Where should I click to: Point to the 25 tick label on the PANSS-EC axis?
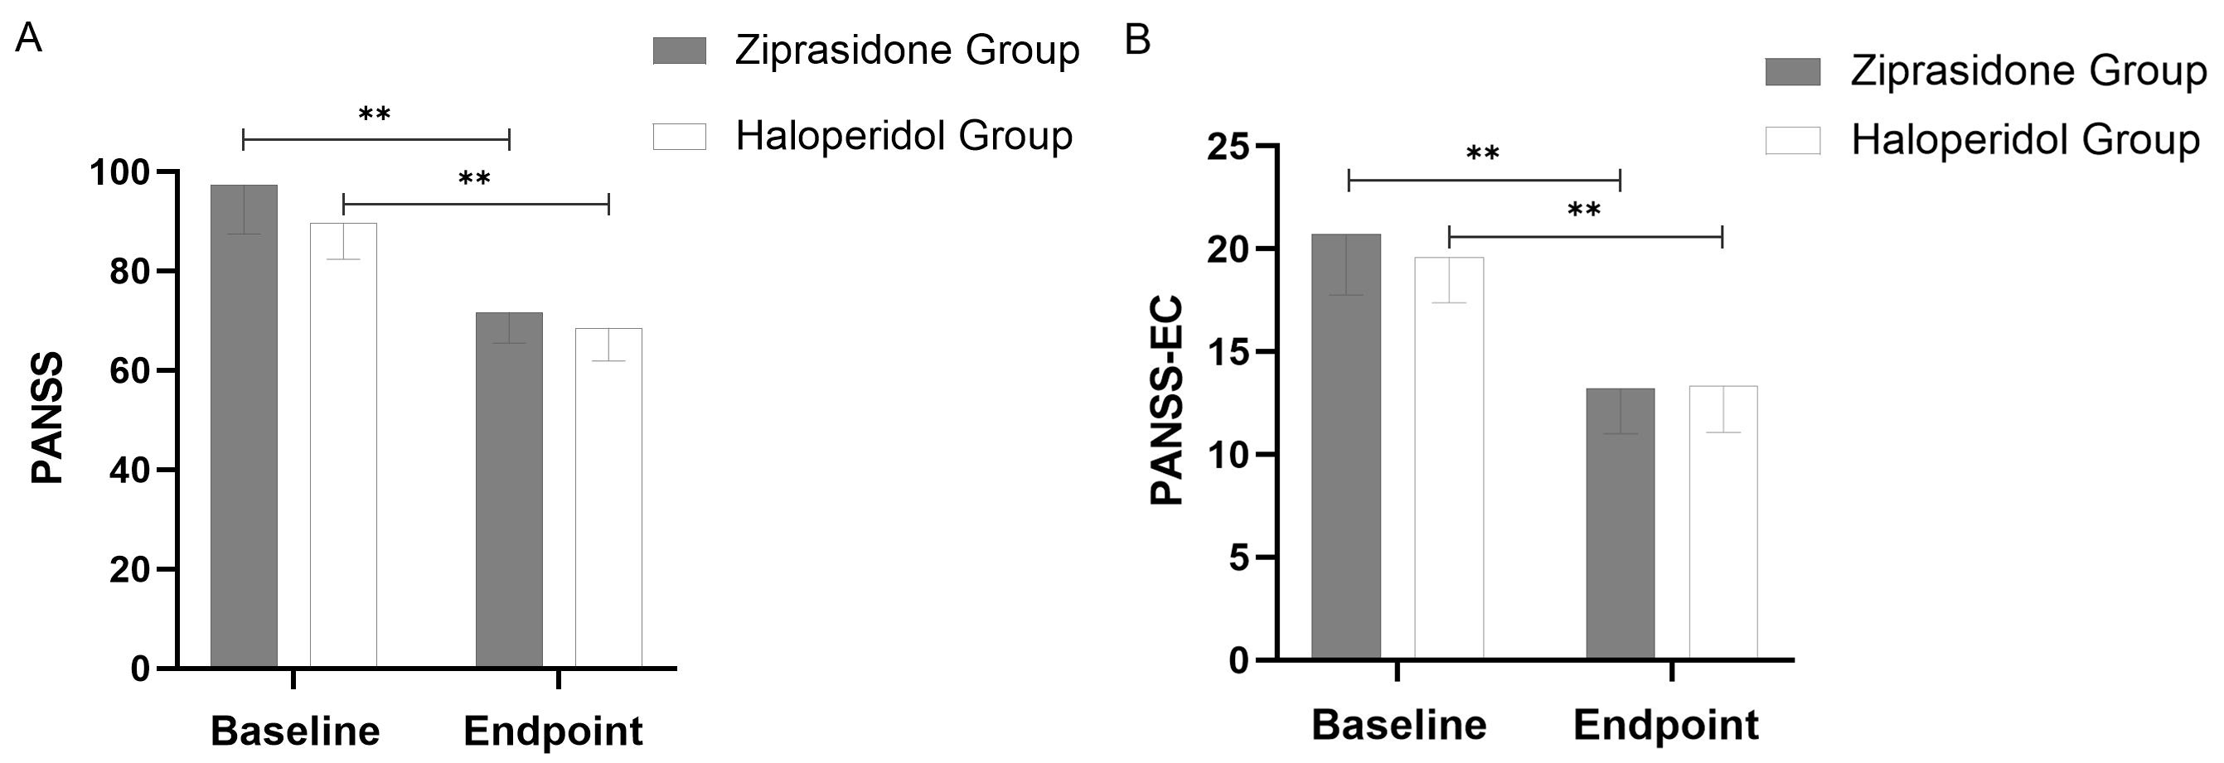[x=1228, y=147]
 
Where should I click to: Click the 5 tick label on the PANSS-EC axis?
[x=1240, y=558]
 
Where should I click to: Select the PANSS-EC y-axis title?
[x=1167, y=401]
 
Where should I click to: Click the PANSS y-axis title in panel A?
[x=48, y=418]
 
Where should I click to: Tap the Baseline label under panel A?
[x=295, y=731]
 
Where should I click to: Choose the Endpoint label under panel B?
[x=1665, y=725]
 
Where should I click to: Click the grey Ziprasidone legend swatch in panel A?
[x=680, y=51]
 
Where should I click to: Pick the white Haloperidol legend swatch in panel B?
[x=1792, y=141]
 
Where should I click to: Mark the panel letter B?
[x=1138, y=40]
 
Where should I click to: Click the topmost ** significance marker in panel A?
[x=375, y=114]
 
